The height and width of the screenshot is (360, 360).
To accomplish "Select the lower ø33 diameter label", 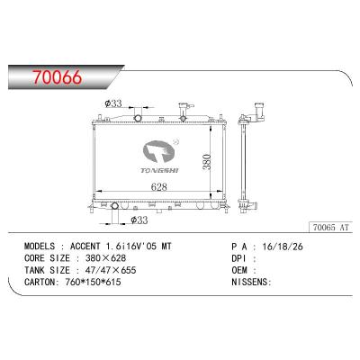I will tap(139, 220).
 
